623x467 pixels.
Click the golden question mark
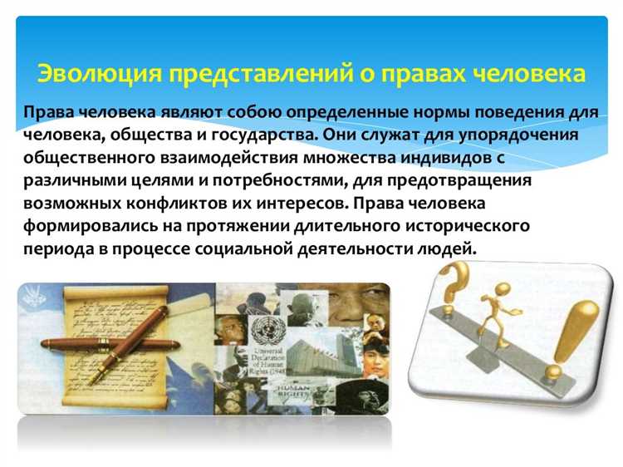[x=460, y=287]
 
